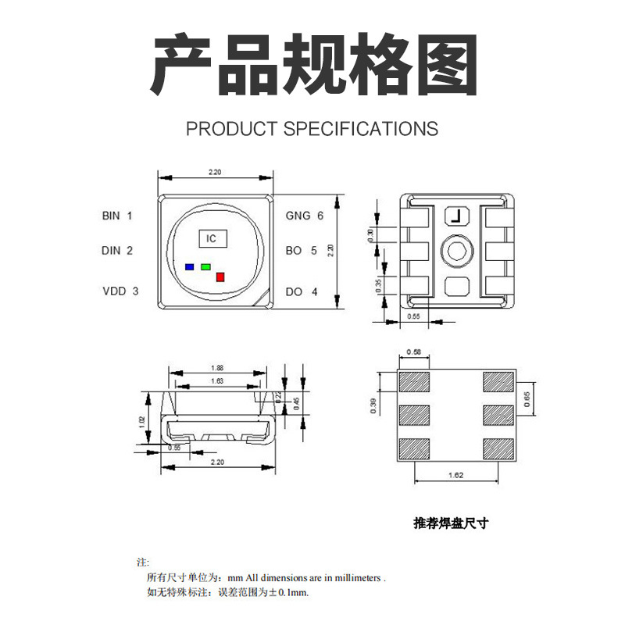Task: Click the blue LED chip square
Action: [189, 266]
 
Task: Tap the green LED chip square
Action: [205, 266]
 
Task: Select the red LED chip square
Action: [220, 277]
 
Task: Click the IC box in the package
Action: [211, 238]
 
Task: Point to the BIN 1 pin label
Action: [117, 215]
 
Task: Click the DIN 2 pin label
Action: [117, 251]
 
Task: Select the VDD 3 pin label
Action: [120, 291]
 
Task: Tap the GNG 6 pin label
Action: [304, 215]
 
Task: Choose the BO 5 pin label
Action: [301, 251]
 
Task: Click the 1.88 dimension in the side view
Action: [218, 368]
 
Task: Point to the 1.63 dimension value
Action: [218, 381]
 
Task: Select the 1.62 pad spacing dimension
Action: [456, 474]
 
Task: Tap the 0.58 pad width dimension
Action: [414, 352]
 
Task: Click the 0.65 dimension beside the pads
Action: [527, 400]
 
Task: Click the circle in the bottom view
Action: [456, 251]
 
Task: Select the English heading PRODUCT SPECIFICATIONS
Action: [312, 129]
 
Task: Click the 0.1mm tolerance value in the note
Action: [295, 593]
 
